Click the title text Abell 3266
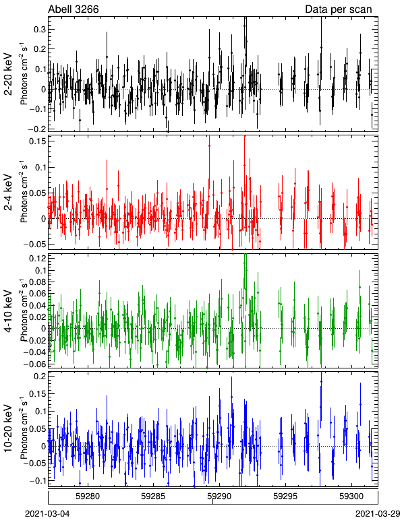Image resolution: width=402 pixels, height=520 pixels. [74, 9]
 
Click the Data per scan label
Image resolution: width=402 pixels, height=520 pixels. [339, 9]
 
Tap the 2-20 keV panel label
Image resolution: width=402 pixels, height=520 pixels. [9, 73]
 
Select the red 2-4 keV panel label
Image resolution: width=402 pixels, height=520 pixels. [9, 193]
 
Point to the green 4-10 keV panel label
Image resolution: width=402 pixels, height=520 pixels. [9, 311]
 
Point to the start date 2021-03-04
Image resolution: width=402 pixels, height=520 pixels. [48, 514]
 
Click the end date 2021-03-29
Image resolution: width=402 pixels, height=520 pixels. [378, 514]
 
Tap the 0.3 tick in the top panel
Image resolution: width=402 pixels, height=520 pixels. [40, 30]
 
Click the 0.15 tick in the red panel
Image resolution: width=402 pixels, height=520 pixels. [37, 141]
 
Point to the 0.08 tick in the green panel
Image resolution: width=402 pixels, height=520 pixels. [37, 282]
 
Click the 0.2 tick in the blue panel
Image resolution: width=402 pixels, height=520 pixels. [40, 376]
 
